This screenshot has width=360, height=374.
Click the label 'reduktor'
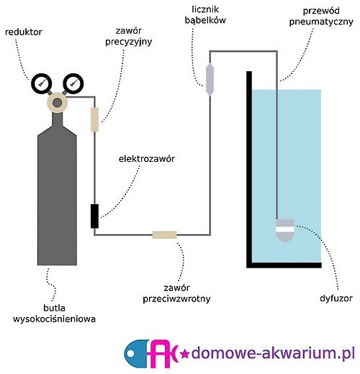pyautogui.click(x=24, y=32)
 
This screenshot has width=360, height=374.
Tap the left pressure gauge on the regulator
pyautogui.click(x=41, y=83)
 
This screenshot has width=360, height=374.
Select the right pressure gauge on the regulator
pyautogui.click(x=73, y=83)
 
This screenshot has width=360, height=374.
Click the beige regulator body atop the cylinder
pyautogui.click(x=57, y=103)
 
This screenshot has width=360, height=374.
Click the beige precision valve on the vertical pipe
pyautogui.click(x=94, y=119)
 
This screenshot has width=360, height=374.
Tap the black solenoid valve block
pyautogui.click(x=94, y=216)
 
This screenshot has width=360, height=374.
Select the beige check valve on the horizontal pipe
pyautogui.click(x=165, y=234)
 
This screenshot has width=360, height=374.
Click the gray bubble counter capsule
pyautogui.click(x=210, y=79)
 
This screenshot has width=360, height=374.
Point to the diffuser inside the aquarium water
pyautogui.click(x=285, y=230)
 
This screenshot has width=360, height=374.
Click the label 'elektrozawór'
pyautogui.click(x=147, y=159)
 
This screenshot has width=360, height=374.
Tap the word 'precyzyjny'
pyautogui.click(x=129, y=42)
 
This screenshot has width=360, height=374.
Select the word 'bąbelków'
pyautogui.click(x=205, y=20)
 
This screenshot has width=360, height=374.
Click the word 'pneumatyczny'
pyautogui.click(x=321, y=22)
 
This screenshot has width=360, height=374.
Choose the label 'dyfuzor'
pyautogui.click(x=336, y=298)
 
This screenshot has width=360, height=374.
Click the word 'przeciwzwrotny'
pyautogui.click(x=176, y=298)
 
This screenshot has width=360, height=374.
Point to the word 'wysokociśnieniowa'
pyautogui.click(x=54, y=319)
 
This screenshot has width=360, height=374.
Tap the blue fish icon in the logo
pyautogui.click(x=137, y=353)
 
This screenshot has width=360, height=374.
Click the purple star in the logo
pyautogui.click(x=184, y=354)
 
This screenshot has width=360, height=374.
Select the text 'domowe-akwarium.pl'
pyautogui.click(x=273, y=353)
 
